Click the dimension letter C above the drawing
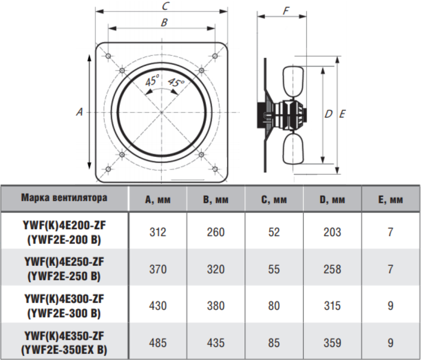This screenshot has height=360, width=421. (165, 6)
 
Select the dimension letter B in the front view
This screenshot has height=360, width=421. (164, 22)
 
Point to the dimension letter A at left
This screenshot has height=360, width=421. (80, 112)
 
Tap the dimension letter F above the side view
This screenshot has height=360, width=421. (286, 11)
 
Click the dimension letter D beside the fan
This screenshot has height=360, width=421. (328, 114)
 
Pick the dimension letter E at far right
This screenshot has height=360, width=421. (342, 114)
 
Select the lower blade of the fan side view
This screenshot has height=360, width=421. (293, 149)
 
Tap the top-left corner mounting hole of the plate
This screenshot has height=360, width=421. (108, 56)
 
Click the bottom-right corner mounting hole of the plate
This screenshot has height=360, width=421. (215, 169)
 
